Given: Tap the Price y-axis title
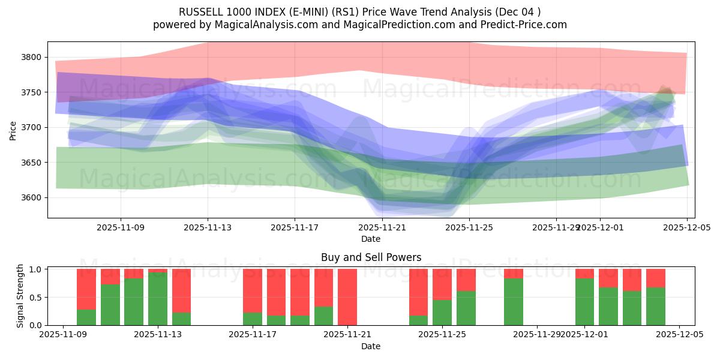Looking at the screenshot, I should pos(13,130).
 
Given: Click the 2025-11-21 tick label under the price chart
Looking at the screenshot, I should pos(382,227).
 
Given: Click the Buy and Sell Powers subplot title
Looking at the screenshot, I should pos(371,257).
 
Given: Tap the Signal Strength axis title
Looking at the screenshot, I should pos(20,295).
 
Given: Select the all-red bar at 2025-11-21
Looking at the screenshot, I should pos(347,297).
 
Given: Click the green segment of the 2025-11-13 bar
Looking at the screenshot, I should pos(158,299).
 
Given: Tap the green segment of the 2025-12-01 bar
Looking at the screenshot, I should pos(584,302).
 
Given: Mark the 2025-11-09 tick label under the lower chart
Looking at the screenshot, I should pos(64,335).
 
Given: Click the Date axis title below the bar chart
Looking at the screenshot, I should pos(371,346).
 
